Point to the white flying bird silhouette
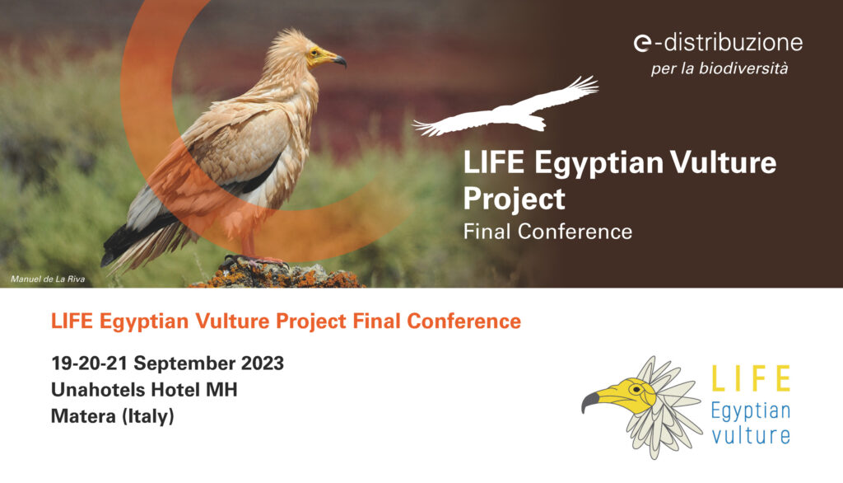pos(505,110)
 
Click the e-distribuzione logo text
pos(718,43)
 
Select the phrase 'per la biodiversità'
pos(720,69)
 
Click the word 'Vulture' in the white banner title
pos(723,162)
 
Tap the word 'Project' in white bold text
pos(514,199)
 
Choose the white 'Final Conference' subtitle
pos(547,232)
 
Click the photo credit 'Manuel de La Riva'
pos(48,279)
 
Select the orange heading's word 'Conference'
pos(464,321)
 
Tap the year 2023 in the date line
pos(262,363)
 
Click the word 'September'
pos(184,363)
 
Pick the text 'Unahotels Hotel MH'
pos(144,389)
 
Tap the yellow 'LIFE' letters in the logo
pos(751,378)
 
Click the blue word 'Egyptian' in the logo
pos(751,412)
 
